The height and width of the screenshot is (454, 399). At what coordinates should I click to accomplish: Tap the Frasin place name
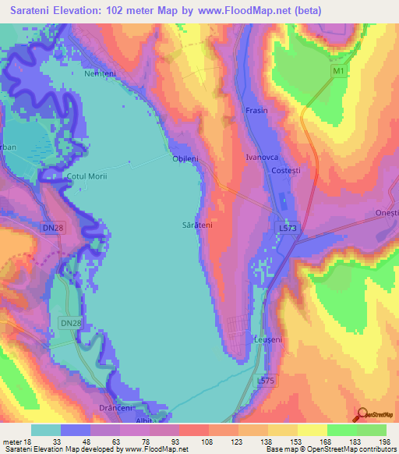coord(256,111)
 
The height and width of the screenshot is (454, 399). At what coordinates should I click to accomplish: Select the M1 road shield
coord(337,72)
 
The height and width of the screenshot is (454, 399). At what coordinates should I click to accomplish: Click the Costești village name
coord(284,170)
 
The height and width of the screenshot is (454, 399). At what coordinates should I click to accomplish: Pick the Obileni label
coord(185,158)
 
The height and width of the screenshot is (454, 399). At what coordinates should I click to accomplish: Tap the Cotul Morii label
coord(87,176)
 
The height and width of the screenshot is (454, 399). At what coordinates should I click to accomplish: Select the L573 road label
coord(287,227)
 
